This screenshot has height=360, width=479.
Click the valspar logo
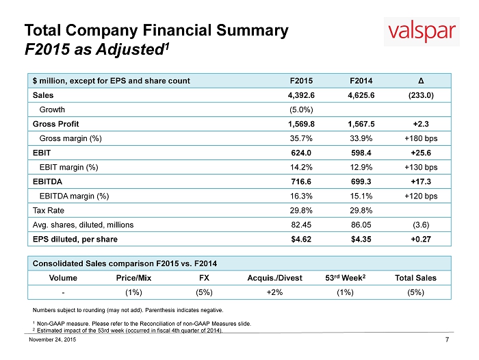point(422,31)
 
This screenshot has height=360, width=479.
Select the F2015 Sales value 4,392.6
point(301,95)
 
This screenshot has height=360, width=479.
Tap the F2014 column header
point(361,81)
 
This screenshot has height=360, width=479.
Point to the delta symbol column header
point(421,81)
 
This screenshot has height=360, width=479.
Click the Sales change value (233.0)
point(421,95)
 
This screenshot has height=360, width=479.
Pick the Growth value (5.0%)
point(301,110)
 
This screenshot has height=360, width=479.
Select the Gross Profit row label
point(55,124)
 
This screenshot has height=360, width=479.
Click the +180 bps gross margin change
point(421,138)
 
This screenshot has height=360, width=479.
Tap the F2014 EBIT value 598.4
point(361,153)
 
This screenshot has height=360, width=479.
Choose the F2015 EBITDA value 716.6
point(301,181)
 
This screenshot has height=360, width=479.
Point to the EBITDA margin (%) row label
point(74,196)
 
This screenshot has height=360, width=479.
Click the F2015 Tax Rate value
point(301,211)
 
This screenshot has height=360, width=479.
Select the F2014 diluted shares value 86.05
point(361,225)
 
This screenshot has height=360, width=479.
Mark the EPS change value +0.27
point(421,240)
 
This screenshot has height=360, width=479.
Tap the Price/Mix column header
point(133,278)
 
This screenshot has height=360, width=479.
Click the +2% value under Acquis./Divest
point(274,292)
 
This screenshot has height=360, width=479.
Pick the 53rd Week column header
point(345,278)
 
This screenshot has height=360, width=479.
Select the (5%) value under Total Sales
point(416,292)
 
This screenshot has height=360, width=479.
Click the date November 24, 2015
point(53,339)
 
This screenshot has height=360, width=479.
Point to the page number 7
point(448,339)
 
